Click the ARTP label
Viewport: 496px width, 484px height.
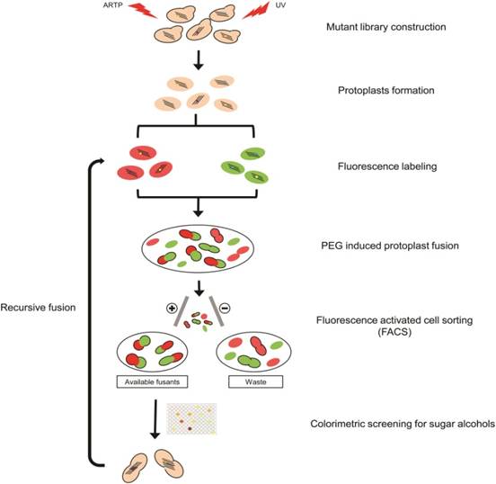pyautogui.click(x=112, y=5)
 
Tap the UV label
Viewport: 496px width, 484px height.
pyautogui.click(x=280, y=5)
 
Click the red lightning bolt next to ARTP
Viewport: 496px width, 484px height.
pyautogui.click(x=143, y=11)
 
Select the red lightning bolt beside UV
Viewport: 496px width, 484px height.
pyautogui.click(x=256, y=10)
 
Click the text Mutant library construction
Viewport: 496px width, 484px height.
pyautogui.click(x=385, y=27)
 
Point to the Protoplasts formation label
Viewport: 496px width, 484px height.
pyautogui.click(x=385, y=91)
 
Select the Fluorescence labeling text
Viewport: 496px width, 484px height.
pyautogui.click(x=387, y=166)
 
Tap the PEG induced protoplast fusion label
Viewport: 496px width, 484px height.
pyautogui.click(x=390, y=246)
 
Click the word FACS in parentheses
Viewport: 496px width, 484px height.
pyautogui.click(x=394, y=332)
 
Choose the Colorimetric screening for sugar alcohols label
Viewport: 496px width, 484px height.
pyautogui.click(x=403, y=424)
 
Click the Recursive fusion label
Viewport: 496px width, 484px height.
pyautogui.click(x=38, y=308)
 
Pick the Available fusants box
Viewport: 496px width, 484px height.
pyautogui.click(x=152, y=381)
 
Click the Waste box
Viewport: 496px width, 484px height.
pyautogui.click(x=255, y=381)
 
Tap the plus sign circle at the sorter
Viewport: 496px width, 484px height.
pyautogui.click(x=172, y=308)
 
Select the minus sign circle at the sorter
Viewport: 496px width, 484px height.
pyautogui.click(x=225, y=308)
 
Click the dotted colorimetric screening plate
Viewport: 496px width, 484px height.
pyautogui.click(x=191, y=418)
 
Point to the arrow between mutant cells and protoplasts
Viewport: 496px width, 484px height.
pyautogui.click(x=199, y=59)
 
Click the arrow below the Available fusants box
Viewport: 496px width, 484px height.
pyautogui.click(x=155, y=419)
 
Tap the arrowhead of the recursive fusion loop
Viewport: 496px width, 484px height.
pyautogui.click(x=101, y=161)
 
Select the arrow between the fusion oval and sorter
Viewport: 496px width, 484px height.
pyautogui.click(x=199, y=288)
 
